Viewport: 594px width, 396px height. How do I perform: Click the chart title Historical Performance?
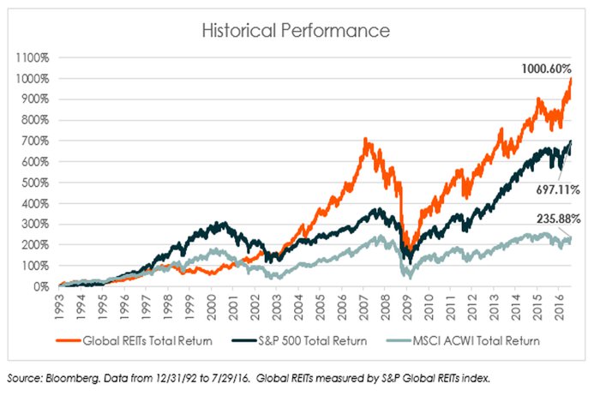click(296, 31)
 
